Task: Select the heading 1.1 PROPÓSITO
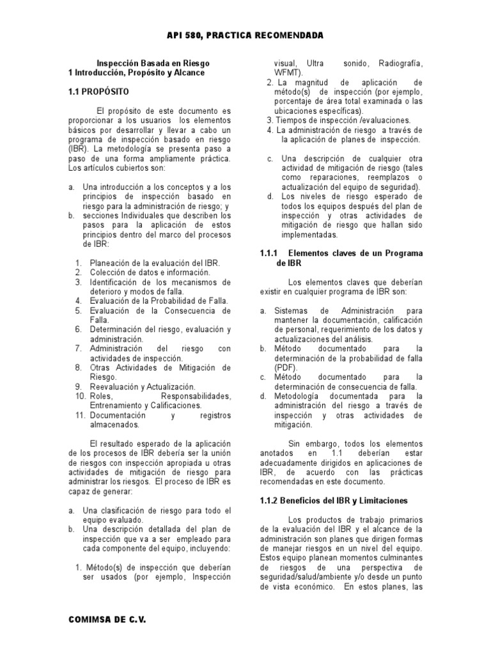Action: click(99, 92)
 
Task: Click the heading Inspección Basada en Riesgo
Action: click(153, 63)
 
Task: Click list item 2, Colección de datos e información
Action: click(150, 272)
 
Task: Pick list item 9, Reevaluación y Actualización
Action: click(143, 387)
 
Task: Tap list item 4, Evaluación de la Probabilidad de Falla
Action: click(159, 301)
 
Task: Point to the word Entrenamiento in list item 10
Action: click(117, 406)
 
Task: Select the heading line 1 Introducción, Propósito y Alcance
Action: click(136, 73)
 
